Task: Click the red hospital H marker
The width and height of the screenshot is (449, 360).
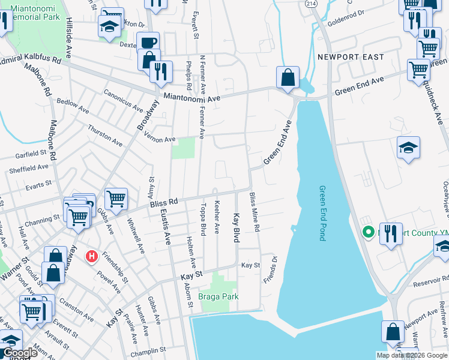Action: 91,257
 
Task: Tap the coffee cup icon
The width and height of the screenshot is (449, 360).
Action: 148,43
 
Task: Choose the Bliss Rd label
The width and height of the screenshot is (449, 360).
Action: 165,205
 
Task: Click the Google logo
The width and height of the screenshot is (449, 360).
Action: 19,353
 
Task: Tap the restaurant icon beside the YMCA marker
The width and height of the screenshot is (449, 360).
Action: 391,233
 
